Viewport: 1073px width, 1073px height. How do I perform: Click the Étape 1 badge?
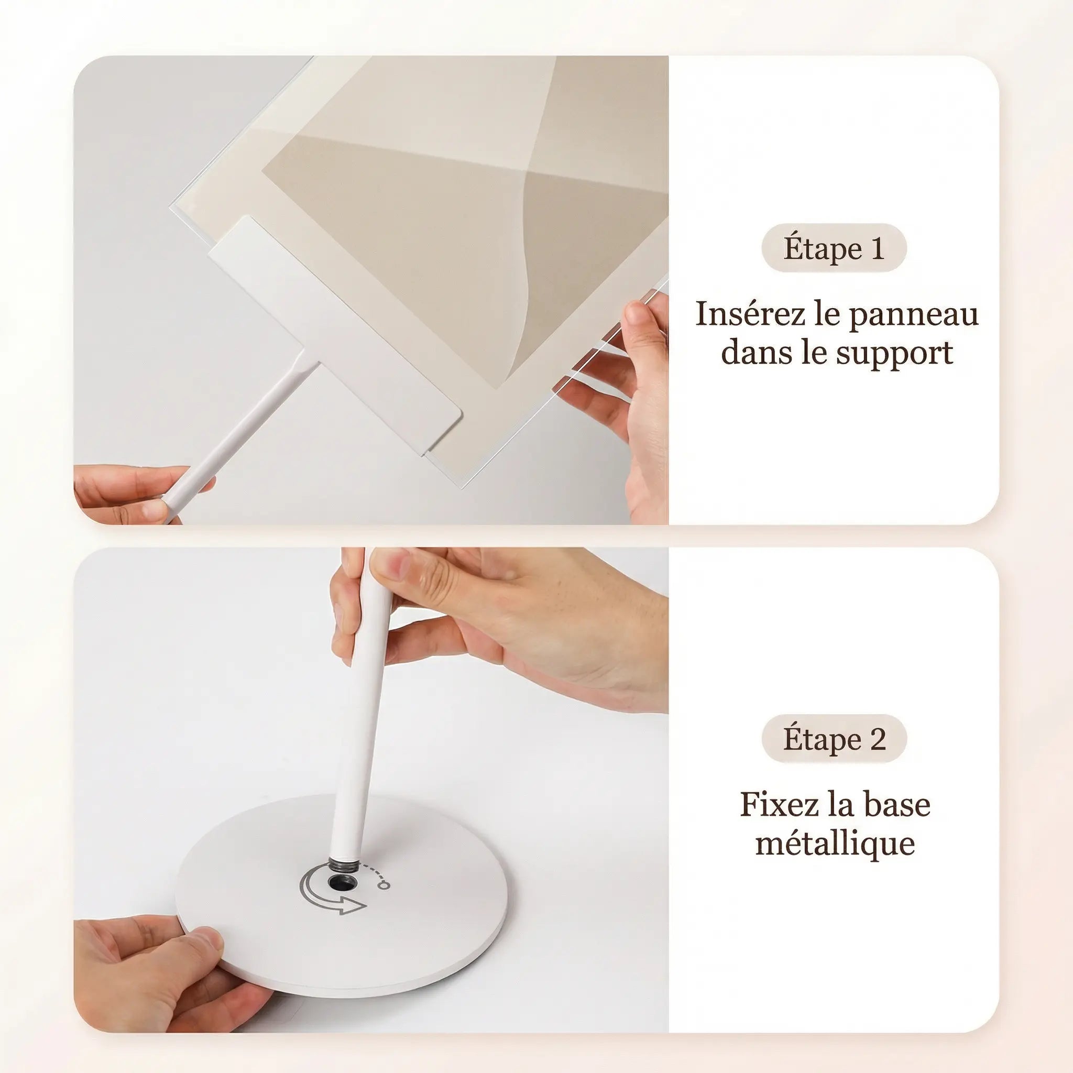834,248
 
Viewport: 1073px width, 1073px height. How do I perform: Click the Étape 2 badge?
834,739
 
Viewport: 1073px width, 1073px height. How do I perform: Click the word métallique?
835,844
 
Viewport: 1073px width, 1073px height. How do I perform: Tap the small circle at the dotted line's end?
383,885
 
